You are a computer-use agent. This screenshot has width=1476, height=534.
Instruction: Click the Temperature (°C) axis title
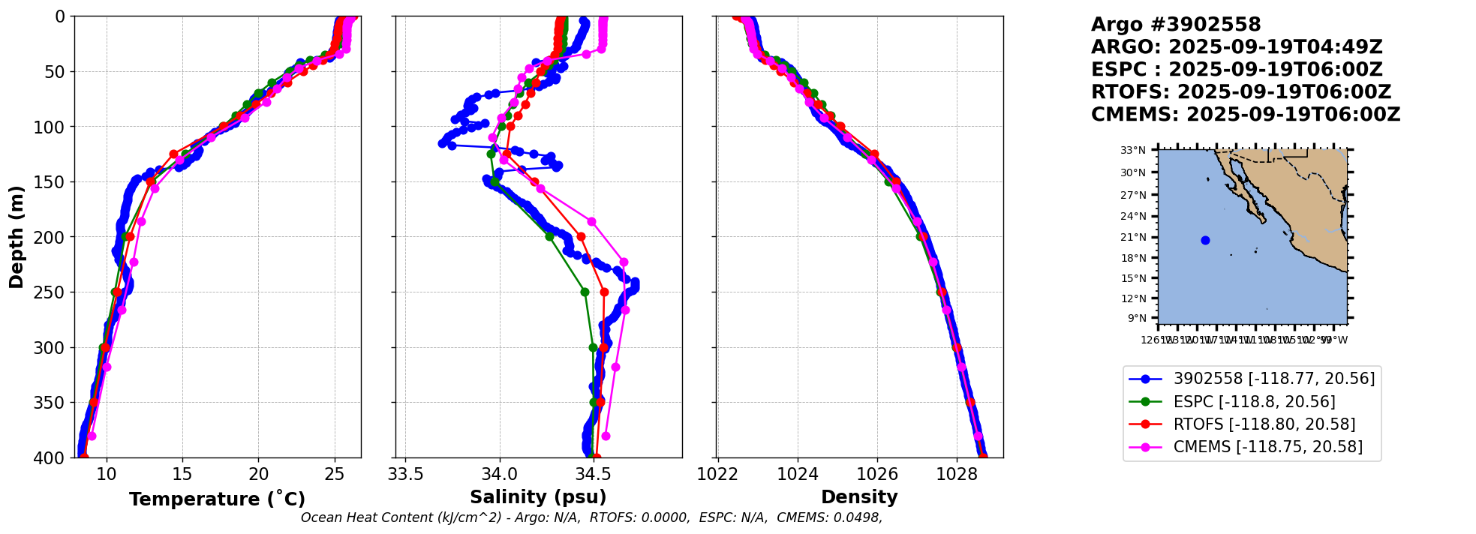[217, 499]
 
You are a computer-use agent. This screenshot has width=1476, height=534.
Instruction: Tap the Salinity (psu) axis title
[538, 497]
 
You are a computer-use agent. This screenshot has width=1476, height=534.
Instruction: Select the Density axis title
[859, 497]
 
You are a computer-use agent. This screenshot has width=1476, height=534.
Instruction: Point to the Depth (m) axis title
[17, 237]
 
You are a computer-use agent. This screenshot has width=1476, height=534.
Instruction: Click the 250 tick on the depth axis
[53, 292]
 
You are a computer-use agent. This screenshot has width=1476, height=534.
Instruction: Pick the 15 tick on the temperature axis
[182, 474]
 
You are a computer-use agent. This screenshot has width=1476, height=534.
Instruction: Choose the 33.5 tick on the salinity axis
[405, 474]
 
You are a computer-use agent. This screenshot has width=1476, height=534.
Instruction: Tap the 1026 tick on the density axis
[877, 474]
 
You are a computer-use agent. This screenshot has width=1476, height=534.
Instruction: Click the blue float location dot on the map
[1205, 240]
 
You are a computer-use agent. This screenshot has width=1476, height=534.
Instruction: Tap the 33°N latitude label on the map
[1133, 151]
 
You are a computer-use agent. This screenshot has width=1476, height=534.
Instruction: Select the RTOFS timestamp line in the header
[1240, 92]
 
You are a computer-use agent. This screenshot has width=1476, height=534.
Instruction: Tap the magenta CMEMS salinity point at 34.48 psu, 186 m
[591, 221]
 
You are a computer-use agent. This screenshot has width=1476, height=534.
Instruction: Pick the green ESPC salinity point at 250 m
[585, 292]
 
